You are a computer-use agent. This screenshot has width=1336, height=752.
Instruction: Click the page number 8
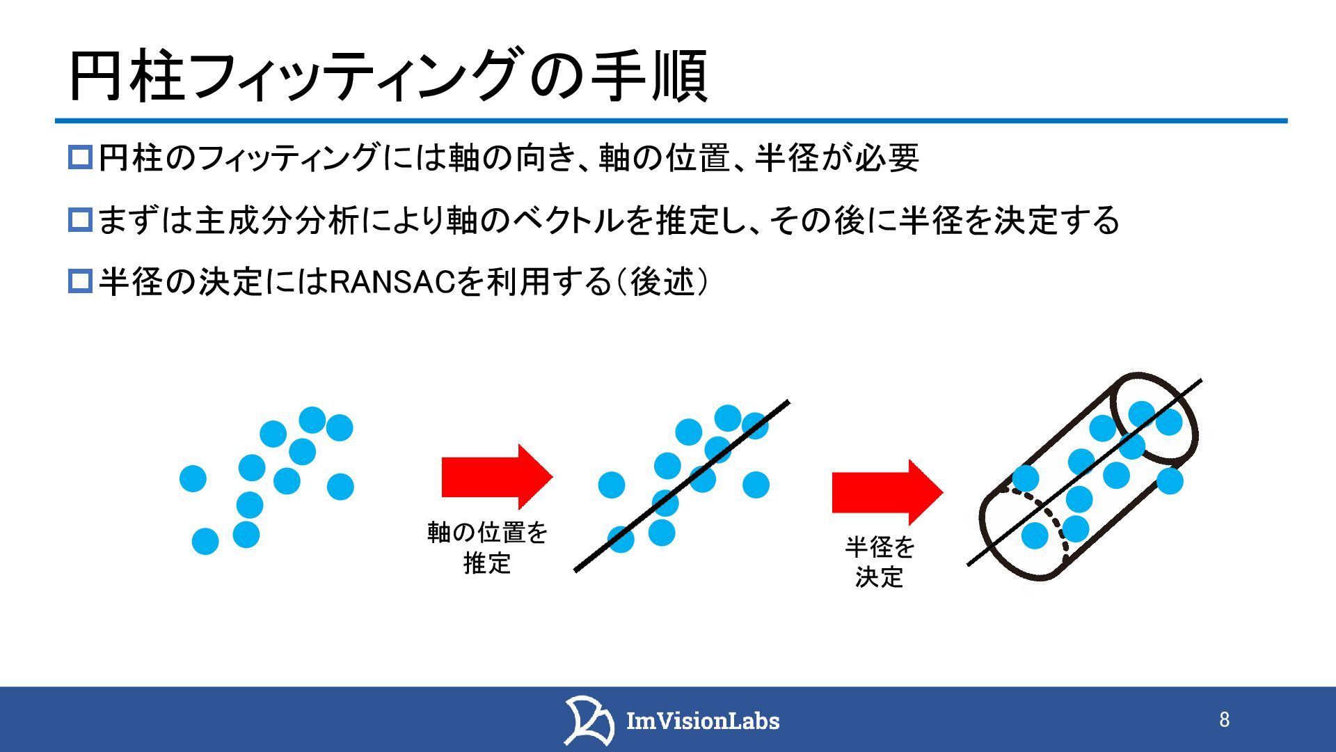tap(1224, 719)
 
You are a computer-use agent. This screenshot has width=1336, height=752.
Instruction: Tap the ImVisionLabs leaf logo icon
tap(588, 719)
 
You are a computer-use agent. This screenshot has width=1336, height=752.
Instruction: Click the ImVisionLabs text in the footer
tap(703, 721)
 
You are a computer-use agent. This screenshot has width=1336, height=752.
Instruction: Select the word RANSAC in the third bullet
tap(392, 282)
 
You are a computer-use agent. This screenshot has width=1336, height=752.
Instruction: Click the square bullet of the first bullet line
tap(80, 157)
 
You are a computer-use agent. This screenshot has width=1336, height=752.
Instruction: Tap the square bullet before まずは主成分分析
tap(80, 220)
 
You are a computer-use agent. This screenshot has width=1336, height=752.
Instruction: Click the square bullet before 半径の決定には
tap(80, 282)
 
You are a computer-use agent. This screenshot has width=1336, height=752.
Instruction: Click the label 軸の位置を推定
tap(487, 548)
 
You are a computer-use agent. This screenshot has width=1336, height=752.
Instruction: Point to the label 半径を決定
tap(880, 562)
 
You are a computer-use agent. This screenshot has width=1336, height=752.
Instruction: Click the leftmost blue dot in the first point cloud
tap(193, 478)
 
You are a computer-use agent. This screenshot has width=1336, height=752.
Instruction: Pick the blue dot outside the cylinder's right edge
tap(1170, 481)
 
